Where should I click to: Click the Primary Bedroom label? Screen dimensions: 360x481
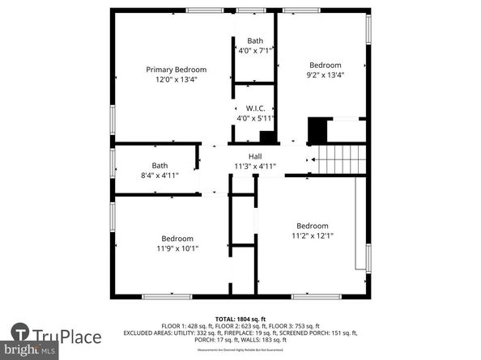click(x=176, y=70)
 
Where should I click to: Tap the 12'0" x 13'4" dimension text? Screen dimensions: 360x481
click(x=176, y=79)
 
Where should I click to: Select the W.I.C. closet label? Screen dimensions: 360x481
click(x=255, y=108)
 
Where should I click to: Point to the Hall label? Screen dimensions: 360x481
click(x=255, y=156)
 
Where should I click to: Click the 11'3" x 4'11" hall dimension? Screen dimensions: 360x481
click(x=255, y=166)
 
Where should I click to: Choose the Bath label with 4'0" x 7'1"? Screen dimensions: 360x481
click(x=255, y=40)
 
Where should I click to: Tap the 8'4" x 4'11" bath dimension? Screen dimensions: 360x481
click(x=160, y=174)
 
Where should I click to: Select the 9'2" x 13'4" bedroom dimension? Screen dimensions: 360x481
click(x=325, y=74)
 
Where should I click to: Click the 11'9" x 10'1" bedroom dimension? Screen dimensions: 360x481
click(x=177, y=248)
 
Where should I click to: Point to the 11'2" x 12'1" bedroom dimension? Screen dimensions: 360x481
click(x=312, y=235)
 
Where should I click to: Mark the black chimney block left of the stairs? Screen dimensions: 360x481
click(x=317, y=130)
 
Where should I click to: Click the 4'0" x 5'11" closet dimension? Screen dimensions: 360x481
click(x=255, y=117)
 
